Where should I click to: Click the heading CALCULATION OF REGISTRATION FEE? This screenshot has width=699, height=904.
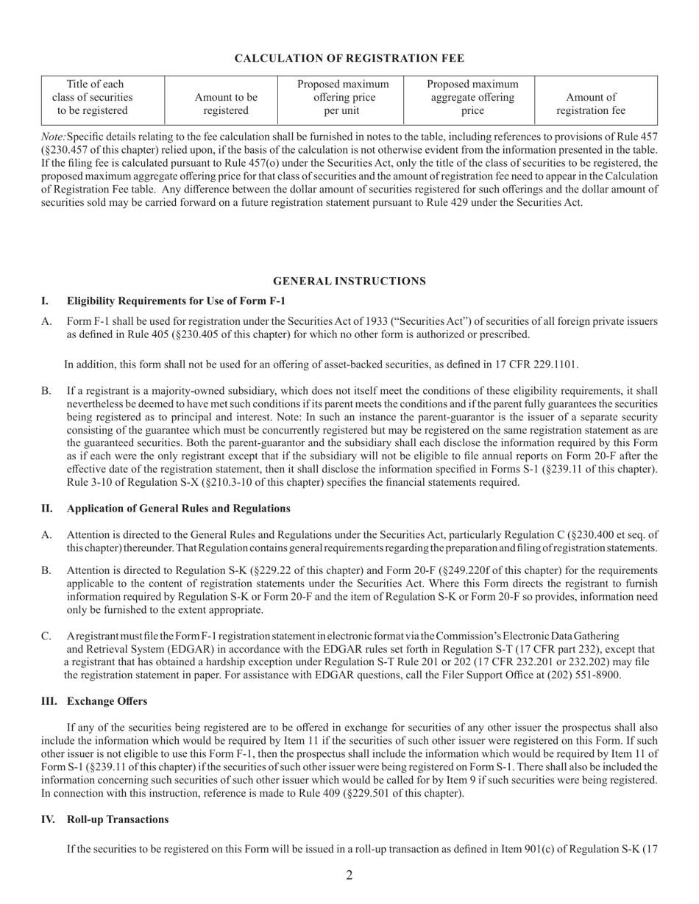click(349, 58)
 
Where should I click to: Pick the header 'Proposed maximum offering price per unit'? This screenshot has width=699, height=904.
click(341, 97)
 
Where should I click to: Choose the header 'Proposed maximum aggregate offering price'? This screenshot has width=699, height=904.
click(472, 97)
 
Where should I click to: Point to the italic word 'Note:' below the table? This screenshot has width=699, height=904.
click(53, 137)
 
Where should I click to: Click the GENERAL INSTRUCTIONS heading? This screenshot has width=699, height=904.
click(349, 281)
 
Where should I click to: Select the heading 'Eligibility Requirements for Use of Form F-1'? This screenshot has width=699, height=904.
click(176, 301)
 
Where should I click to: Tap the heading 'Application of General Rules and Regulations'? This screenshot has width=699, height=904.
click(178, 509)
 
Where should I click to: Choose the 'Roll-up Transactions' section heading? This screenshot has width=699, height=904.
click(118, 819)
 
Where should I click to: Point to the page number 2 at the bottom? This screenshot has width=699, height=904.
click(349, 875)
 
